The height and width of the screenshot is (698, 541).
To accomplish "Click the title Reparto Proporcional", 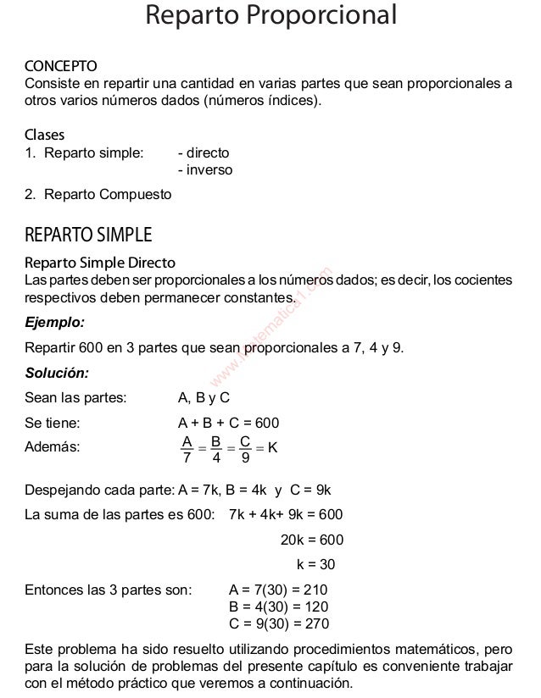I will tap(270, 15).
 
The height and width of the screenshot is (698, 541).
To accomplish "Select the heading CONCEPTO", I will tap(60, 66).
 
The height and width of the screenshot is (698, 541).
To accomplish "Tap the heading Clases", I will tap(44, 136).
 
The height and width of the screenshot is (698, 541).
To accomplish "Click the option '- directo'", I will tap(203, 153).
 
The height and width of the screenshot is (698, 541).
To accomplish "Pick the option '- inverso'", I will tap(204, 170).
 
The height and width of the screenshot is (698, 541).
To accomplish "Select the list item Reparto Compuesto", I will tap(107, 195).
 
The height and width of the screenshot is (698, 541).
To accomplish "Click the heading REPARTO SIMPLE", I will tap(88, 234).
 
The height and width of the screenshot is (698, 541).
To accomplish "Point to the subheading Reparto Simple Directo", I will tap(100, 263).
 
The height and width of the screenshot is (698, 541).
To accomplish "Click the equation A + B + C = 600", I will tap(228, 424).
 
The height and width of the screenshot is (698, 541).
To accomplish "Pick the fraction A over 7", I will tap(187, 450).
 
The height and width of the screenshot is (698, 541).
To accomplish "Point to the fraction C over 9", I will tap(244, 450).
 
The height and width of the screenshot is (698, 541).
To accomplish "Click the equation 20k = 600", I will tap(311, 540).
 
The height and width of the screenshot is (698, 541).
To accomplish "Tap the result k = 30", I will tap(315, 564).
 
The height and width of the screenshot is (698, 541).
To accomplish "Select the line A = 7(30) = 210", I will tap(278, 590).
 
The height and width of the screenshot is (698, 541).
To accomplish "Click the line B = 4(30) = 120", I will tap(278, 607).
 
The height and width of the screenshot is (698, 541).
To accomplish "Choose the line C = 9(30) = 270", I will tap(278, 623).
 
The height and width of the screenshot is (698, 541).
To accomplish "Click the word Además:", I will tap(53, 448).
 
